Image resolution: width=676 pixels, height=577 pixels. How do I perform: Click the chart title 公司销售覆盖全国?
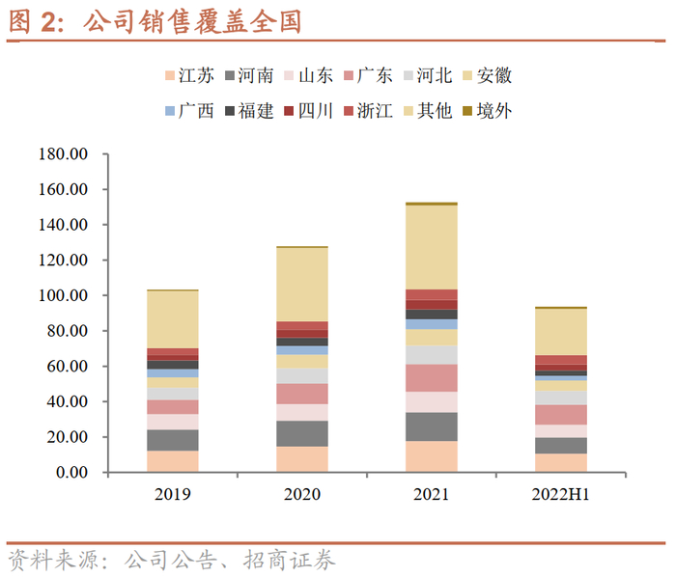coord(193,21)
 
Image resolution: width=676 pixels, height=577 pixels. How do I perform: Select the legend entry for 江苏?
coord(189,75)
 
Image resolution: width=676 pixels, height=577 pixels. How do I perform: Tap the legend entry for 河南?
coord(248,75)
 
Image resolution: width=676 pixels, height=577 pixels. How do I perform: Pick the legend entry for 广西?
coord(189,110)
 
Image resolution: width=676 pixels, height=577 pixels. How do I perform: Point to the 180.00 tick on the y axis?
coord(63,154)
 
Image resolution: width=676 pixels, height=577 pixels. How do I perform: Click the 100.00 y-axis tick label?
coord(63,295)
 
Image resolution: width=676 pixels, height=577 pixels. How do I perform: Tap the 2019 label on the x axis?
coord(172,494)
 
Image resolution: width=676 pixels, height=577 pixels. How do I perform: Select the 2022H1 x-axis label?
coord(560,494)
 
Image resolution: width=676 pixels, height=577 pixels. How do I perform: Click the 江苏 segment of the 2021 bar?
coord(431,456)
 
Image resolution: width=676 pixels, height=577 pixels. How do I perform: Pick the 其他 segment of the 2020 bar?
coord(301,285)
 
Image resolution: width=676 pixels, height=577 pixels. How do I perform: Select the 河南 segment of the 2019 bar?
coord(172,440)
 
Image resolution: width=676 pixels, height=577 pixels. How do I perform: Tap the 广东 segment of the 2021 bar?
coord(431,377)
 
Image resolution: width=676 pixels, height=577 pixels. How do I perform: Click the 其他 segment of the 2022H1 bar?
coord(560,331)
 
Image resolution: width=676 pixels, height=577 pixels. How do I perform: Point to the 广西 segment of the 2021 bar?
coord(431,324)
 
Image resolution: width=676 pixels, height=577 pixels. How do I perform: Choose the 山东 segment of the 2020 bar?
coord(301,412)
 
